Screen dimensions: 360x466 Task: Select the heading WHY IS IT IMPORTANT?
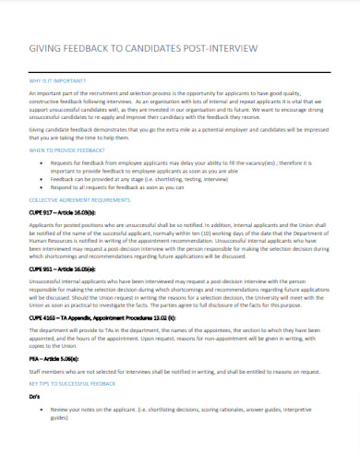point(58,79)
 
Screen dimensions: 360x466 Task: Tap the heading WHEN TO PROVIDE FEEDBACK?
point(66,149)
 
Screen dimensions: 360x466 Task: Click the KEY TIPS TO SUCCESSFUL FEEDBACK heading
point(72,407)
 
